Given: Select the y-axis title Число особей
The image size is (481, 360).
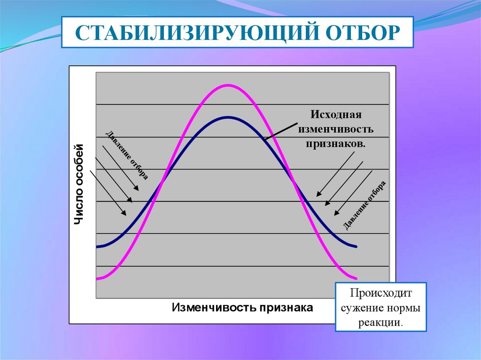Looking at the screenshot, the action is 78,184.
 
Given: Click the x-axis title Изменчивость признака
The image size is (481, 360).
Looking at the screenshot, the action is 242,307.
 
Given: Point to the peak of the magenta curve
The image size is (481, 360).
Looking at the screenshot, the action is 227,85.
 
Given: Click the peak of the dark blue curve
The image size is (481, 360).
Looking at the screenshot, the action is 228,117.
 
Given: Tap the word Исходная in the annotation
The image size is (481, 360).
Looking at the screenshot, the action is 336,115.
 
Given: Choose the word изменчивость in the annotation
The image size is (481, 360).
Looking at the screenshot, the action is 336,129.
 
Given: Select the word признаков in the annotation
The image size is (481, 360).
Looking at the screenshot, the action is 335,144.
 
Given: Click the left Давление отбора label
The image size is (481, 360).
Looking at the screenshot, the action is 127,155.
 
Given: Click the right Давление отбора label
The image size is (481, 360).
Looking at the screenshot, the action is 364,206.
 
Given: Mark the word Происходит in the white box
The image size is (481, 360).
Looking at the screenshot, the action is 380,293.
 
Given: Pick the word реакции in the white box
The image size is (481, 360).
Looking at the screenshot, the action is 380,322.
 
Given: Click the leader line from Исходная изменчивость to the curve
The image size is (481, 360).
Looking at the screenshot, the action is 281,131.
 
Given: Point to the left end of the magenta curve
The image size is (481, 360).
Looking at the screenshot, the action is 97,279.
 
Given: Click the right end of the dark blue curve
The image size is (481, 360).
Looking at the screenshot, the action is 356,246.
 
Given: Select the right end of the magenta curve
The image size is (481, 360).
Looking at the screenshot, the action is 356,279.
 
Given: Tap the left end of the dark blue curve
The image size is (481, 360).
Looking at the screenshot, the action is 97,246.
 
